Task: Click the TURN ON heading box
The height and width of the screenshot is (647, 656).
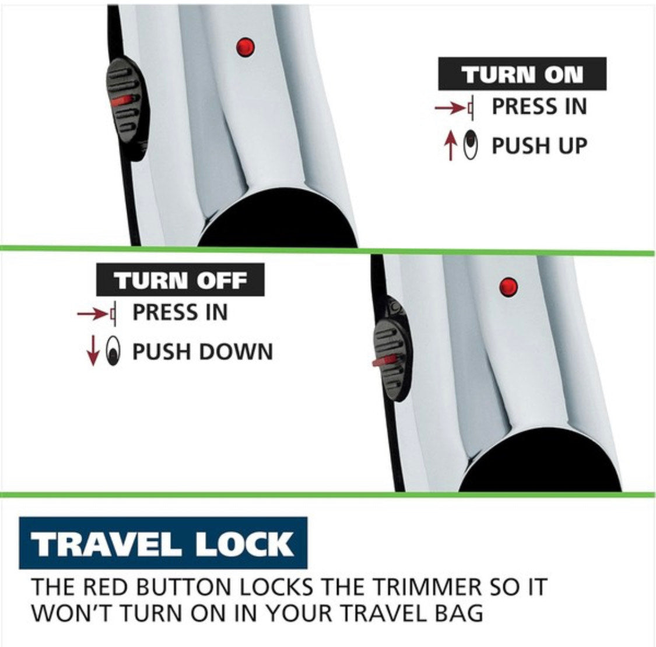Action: click(x=522, y=73)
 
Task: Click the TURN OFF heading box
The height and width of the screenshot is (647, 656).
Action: click(x=180, y=279)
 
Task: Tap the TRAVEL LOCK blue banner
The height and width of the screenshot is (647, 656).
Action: click(x=163, y=543)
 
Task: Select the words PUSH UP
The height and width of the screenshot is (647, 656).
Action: click(x=539, y=146)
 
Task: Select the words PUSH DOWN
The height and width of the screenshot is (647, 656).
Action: click(x=202, y=351)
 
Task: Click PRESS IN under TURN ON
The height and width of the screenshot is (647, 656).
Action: click(x=539, y=106)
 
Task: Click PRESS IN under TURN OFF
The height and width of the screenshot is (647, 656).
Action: click(x=180, y=312)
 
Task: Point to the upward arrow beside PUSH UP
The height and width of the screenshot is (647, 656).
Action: click(x=451, y=146)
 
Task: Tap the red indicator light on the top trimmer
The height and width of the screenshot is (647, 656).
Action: click(x=245, y=47)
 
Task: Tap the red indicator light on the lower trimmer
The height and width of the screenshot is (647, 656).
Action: click(x=508, y=287)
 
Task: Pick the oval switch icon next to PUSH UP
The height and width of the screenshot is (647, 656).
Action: click(x=472, y=145)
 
